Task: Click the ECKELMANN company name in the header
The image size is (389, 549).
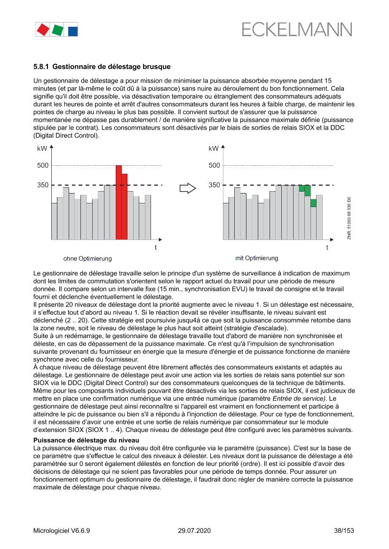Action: [x=296, y=30]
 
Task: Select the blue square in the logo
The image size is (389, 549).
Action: [x=73, y=31]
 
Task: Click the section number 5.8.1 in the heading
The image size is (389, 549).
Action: [x=42, y=67]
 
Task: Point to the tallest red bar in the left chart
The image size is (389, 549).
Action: [x=119, y=202]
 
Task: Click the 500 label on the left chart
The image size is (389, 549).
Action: [x=43, y=165]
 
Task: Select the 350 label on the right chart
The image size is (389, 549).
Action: [x=214, y=185]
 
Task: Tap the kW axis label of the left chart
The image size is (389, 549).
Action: [x=42, y=148]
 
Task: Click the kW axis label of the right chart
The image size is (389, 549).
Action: [x=214, y=148]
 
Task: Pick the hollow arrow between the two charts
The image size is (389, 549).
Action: [x=188, y=188]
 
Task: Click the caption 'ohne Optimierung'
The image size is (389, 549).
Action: [x=87, y=258]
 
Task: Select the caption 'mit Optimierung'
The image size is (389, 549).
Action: [x=257, y=258]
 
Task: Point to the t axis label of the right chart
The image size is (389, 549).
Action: [x=327, y=247]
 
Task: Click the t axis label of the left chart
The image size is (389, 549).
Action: [x=156, y=247]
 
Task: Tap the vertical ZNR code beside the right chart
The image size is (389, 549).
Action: [x=349, y=219]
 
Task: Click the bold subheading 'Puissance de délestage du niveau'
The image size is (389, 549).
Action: [x=86, y=440]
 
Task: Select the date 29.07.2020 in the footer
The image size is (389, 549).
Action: [x=194, y=531]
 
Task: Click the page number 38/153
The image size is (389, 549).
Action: [x=343, y=531]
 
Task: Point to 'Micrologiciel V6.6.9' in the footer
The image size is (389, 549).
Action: [x=62, y=531]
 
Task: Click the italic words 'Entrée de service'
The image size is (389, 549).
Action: [x=304, y=398]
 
